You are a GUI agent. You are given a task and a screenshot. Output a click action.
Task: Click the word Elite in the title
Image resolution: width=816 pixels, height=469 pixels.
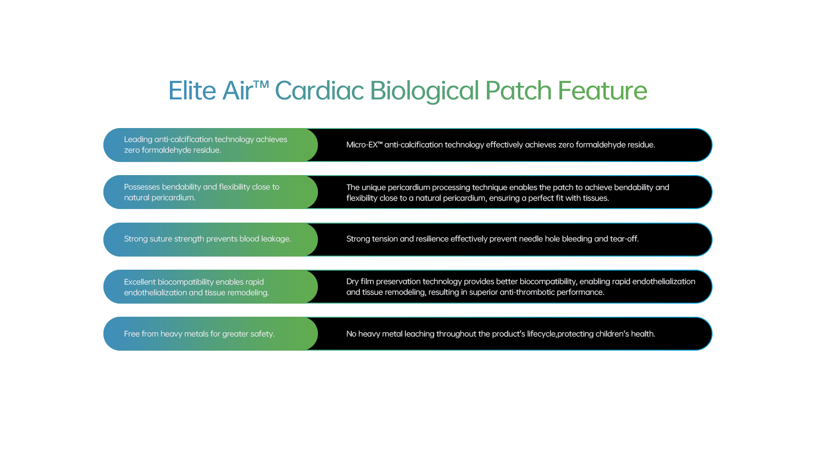pos(192,91)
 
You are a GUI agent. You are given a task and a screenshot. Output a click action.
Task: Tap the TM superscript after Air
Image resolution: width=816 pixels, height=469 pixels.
pos(261,85)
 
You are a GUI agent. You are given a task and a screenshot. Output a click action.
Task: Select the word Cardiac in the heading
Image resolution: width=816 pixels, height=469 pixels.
pos(319,91)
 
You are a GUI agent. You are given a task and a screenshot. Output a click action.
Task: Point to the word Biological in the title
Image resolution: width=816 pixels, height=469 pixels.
pos(424,92)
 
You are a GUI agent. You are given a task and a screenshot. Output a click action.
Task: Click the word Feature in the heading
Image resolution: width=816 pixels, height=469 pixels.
pos(602,91)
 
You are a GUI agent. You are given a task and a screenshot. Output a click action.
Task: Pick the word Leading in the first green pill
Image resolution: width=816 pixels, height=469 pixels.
pos(138,140)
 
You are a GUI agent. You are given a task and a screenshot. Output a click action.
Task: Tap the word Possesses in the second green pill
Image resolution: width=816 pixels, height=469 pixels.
pos(142,187)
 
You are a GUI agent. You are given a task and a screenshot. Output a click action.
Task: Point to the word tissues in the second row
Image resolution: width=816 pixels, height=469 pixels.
pos(595,198)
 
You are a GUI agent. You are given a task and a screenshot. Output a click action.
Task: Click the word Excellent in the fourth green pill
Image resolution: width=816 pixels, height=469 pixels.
pos(139,282)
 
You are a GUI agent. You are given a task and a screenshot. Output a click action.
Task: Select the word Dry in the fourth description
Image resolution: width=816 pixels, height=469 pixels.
pos(352,282)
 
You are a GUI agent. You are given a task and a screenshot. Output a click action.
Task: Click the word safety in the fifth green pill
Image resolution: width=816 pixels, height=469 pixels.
pos(262,334)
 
